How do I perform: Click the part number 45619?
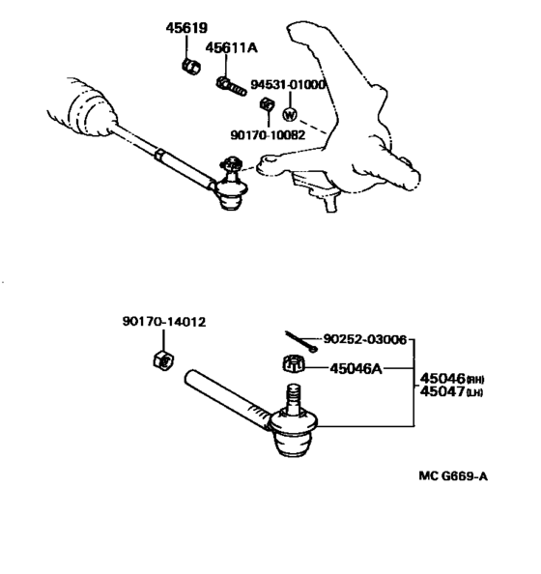(186, 28)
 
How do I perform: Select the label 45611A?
(231, 47)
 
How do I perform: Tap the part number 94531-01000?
(288, 85)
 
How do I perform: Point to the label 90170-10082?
(268, 135)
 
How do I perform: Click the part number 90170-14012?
(164, 322)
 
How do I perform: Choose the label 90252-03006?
(365, 339)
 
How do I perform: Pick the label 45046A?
(356, 368)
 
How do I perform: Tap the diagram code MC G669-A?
(453, 476)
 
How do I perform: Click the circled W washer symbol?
(290, 115)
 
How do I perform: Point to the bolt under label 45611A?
(231, 86)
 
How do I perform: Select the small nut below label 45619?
(191, 67)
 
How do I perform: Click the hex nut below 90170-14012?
(163, 360)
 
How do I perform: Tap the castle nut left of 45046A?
(294, 364)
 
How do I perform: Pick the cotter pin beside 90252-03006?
(301, 341)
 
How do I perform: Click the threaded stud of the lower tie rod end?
(293, 399)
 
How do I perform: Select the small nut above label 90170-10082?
(267, 104)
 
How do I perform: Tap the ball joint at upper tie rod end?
(231, 183)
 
